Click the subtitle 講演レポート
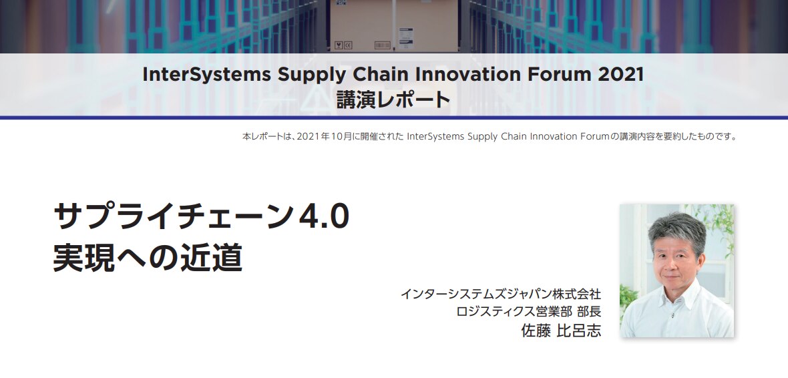393,100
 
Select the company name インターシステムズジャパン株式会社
501,294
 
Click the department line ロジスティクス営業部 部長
529,311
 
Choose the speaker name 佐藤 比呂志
561,331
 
